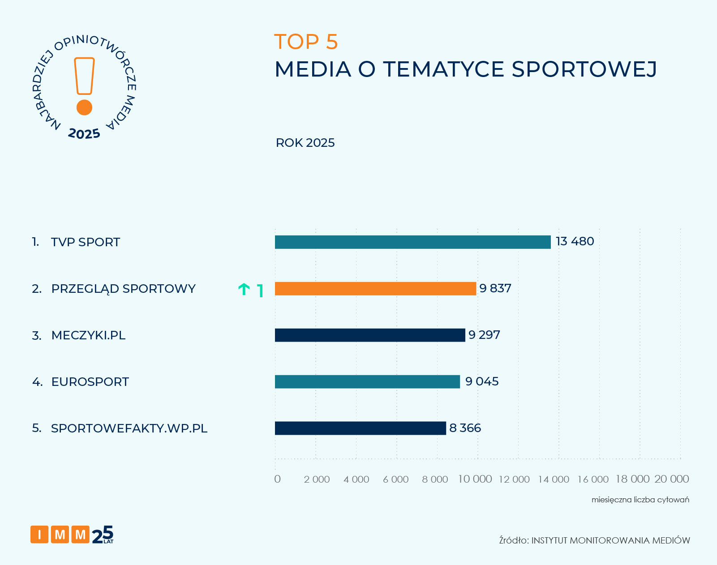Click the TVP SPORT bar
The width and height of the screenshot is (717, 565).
(x=412, y=242)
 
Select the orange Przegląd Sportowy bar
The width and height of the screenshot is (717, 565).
(x=375, y=289)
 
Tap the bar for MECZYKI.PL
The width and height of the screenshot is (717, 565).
(x=370, y=335)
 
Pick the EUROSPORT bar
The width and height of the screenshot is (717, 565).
(x=367, y=382)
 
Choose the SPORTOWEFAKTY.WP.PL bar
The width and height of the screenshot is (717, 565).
(x=360, y=428)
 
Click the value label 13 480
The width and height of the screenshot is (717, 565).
(x=575, y=241)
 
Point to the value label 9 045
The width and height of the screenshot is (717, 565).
(x=482, y=381)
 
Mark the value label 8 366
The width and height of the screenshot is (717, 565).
(x=465, y=428)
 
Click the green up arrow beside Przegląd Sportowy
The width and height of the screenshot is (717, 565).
(x=244, y=290)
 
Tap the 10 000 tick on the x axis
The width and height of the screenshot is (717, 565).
(x=475, y=479)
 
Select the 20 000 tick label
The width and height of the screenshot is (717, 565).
(x=671, y=479)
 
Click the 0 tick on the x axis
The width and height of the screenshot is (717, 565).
(x=277, y=479)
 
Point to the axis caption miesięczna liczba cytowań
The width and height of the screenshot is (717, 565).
(x=640, y=500)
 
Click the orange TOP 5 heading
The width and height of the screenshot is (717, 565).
(x=306, y=42)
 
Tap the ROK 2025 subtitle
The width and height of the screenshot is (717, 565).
(x=305, y=143)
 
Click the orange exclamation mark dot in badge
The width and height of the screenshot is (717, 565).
(x=84, y=107)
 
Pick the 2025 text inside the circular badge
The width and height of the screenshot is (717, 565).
(x=84, y=134)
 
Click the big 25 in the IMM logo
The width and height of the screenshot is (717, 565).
(x=103, y=534)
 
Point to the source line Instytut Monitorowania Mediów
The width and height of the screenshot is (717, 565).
(x=594, y=540)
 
